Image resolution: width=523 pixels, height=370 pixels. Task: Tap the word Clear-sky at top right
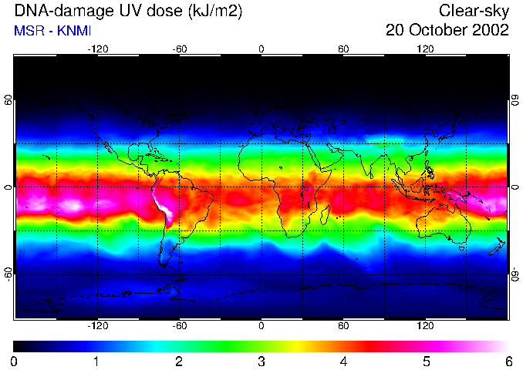click(474, 11)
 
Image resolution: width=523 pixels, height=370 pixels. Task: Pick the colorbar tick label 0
click(14, 361)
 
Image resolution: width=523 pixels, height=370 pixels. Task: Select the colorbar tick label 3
click(261, 361)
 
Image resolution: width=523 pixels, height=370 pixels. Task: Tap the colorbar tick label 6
click(508, 361)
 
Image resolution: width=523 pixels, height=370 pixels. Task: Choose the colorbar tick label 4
click(344, 361)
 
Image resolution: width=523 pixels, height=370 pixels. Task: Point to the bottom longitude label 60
click(343, 325)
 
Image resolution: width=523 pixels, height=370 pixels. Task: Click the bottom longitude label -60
click(179, 325)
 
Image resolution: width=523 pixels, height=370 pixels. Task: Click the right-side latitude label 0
click(515, 187)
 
